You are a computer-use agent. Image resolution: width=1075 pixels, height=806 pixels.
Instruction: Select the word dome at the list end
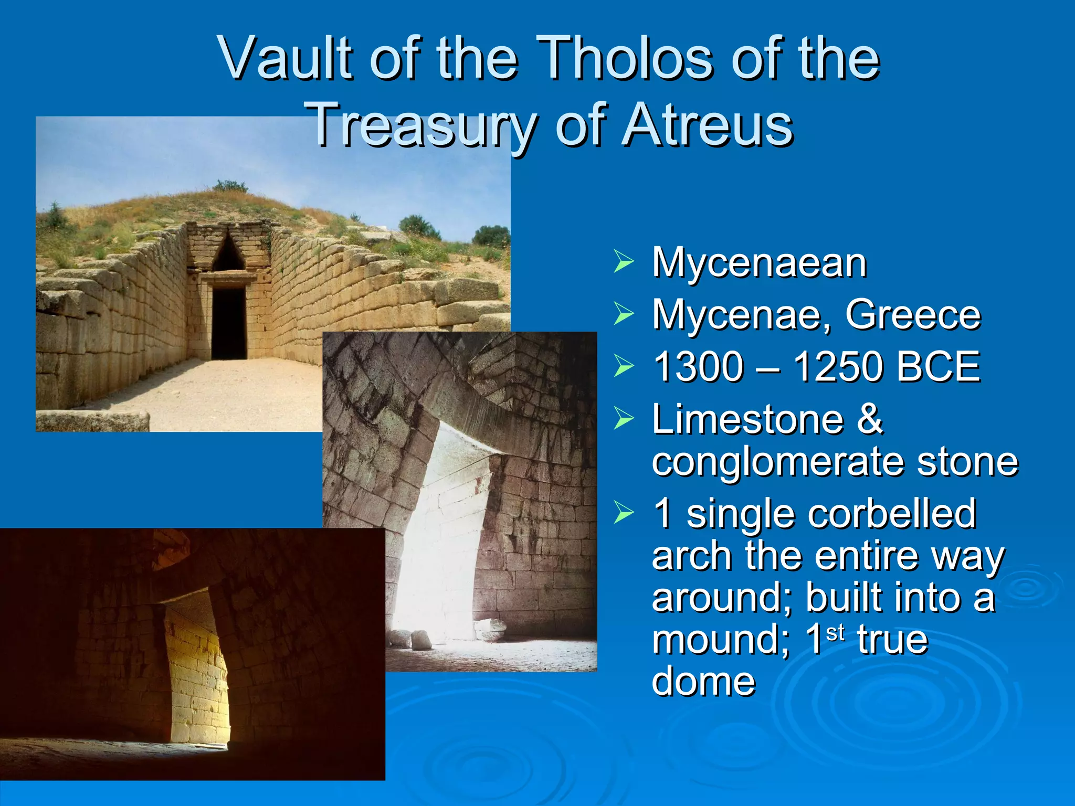(x=703, y=681)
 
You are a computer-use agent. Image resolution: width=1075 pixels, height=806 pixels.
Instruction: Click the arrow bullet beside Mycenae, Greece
(x=624, y=314)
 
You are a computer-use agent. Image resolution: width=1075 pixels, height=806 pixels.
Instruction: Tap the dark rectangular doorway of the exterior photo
(x=229, y=323)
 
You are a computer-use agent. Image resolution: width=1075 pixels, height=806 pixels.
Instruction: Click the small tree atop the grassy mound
(x=229, y=186)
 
